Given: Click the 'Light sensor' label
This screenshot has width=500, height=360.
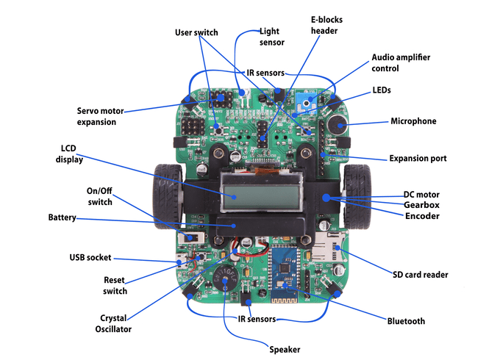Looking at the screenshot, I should (x=271, y=37).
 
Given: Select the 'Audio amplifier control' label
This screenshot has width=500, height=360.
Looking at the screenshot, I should (x=401, y=62).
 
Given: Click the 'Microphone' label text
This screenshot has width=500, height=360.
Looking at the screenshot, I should (x=413, y=121).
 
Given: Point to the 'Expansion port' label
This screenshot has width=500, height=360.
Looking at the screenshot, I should (x=417, y=159).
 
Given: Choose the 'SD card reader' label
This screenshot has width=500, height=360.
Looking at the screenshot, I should (x=419, y=275).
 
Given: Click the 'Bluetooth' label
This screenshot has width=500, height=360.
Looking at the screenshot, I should (x=406, y=321).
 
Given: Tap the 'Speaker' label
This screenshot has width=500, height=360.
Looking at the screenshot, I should (x=285, y=350).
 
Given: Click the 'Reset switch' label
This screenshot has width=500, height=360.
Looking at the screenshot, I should (x=115, y=286).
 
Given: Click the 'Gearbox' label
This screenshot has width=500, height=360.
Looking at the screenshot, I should (x=421, y=205).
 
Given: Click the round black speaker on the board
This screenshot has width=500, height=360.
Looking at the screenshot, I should (x=224, y=278).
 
